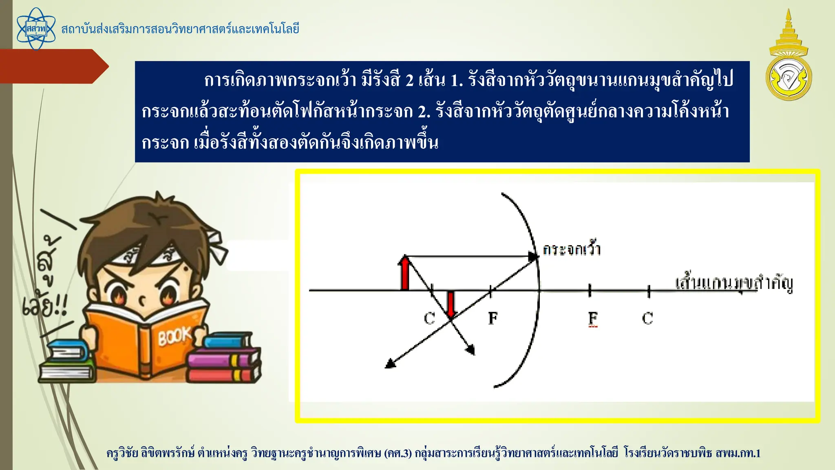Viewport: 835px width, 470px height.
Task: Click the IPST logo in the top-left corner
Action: [36, 29]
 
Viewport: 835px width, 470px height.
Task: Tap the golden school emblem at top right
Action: [789, 57]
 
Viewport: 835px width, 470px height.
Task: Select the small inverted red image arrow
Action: [451, 304]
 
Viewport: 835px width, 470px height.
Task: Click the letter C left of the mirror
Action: [429, 318]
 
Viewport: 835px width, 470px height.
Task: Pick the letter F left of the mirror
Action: [493, 318]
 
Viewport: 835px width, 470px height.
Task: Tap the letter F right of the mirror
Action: [593, 318]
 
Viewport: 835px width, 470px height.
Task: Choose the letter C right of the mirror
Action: [647, 318]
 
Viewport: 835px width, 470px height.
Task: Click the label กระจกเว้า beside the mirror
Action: [572, 249]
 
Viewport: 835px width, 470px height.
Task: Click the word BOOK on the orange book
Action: [175, 336]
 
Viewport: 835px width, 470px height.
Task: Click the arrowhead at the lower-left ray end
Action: [390, 364]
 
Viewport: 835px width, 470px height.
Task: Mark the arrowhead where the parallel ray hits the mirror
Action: [533, 257]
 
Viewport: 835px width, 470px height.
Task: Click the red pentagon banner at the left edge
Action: [53, 66]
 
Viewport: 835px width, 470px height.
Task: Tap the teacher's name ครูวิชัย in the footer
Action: [122, 453]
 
